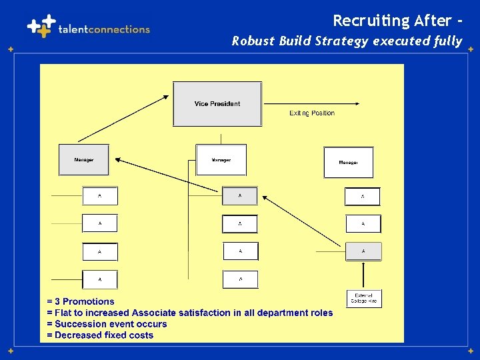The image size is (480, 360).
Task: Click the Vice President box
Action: click(217, 103)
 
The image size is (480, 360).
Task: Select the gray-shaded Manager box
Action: click(83, 160)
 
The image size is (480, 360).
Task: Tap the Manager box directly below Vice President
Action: click(221, 160)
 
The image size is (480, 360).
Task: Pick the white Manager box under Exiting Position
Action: click(348, 163)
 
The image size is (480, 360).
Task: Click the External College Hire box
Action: click(363, 299)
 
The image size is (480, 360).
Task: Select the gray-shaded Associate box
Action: click(363, 251)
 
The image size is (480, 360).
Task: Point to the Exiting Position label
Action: click(312, 113)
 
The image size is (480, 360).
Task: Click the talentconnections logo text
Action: click(104, 29)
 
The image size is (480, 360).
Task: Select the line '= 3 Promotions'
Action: click(81, 301)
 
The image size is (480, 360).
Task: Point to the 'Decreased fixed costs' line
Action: click(104, 335)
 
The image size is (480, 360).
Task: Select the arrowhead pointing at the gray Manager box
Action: click(118, 159)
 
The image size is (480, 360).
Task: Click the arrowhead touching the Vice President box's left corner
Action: click(166, 97)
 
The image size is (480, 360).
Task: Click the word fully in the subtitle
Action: click(448, 41)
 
